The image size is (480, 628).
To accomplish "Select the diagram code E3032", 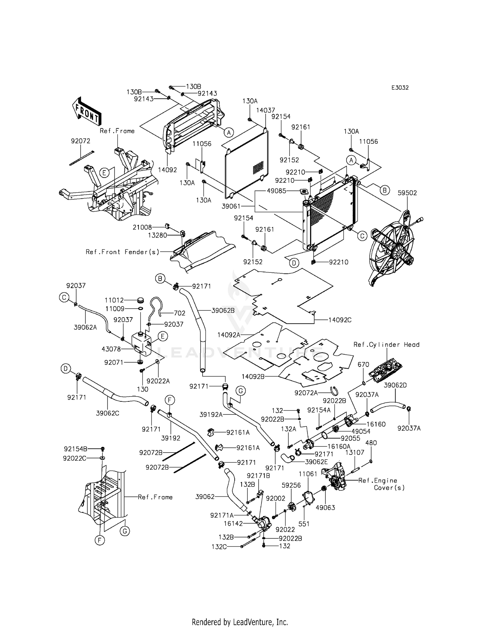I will [400, 88].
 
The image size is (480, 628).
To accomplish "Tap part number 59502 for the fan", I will [407, 193].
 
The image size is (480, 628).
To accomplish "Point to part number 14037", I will [266, 110].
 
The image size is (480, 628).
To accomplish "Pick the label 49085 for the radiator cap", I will [276, 191].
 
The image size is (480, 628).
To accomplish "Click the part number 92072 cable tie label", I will [80, 141].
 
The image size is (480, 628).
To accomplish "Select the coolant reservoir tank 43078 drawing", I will [141, 344].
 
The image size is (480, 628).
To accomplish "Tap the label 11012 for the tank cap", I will [114, 300].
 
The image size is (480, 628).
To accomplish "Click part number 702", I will [180, 313].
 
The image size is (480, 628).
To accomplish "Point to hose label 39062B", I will [223, 310].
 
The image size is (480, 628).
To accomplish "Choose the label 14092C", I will [340, 319].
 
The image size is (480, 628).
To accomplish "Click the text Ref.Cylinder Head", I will [386, 344].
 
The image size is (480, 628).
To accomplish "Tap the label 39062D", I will [395, 385].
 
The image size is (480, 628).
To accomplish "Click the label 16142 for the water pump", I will [233, 524].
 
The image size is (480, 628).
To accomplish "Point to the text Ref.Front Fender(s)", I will [122, 252].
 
